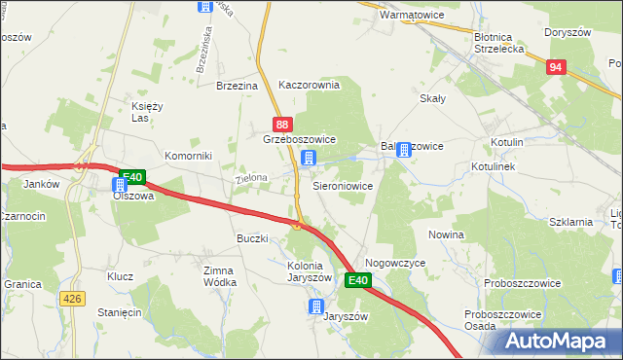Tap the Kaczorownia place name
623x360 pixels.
coord(309,85)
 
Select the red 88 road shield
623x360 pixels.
coord(281,124)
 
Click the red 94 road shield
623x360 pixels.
coord(555,67)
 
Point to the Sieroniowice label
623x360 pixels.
coord(342,184)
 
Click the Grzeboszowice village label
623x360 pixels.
coord(299,140)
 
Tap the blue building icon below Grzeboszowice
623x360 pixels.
coord(308,158)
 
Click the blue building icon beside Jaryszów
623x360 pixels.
coord(315,307)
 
